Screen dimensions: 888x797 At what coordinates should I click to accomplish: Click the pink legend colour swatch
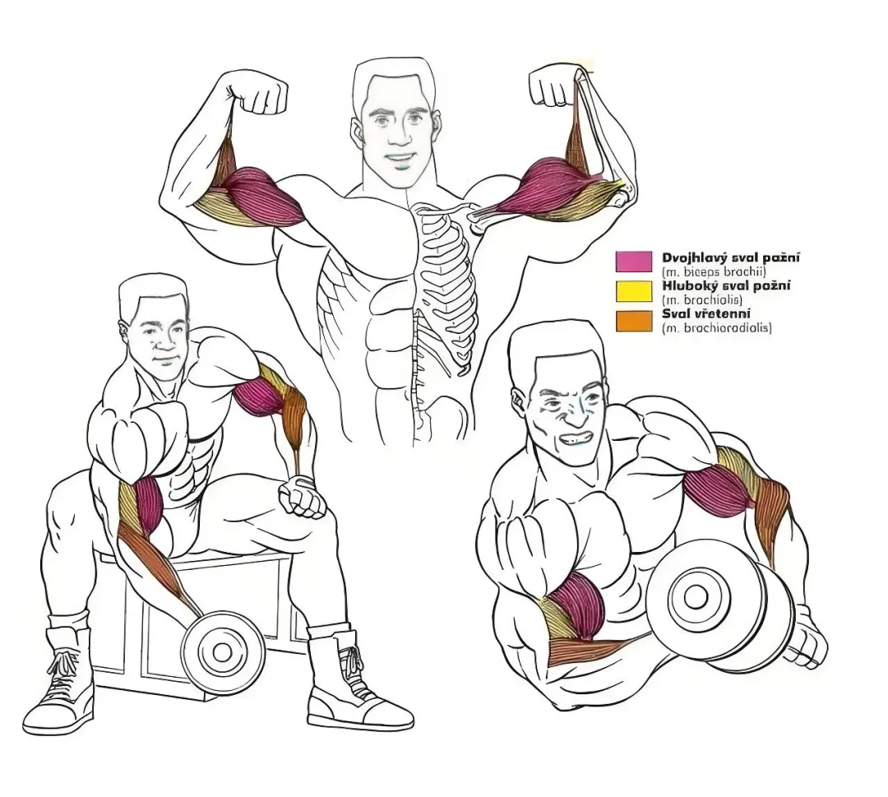634,261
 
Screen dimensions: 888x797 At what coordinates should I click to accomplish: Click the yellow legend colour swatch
634,290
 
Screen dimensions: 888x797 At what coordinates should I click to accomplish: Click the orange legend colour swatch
634,320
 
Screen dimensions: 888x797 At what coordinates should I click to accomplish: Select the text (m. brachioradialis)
716,327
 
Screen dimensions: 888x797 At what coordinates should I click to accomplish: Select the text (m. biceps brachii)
714,271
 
